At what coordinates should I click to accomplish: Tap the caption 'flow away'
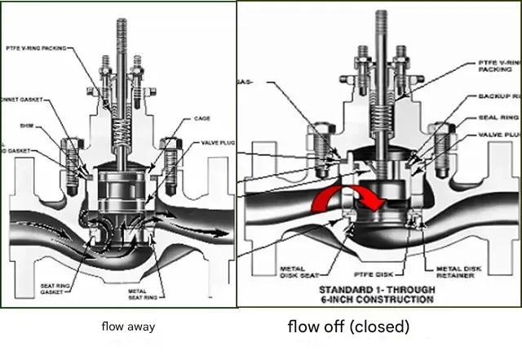[128, 327]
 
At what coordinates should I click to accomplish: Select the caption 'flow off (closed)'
[348, 327]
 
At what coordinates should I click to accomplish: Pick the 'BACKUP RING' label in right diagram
[500, 96]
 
